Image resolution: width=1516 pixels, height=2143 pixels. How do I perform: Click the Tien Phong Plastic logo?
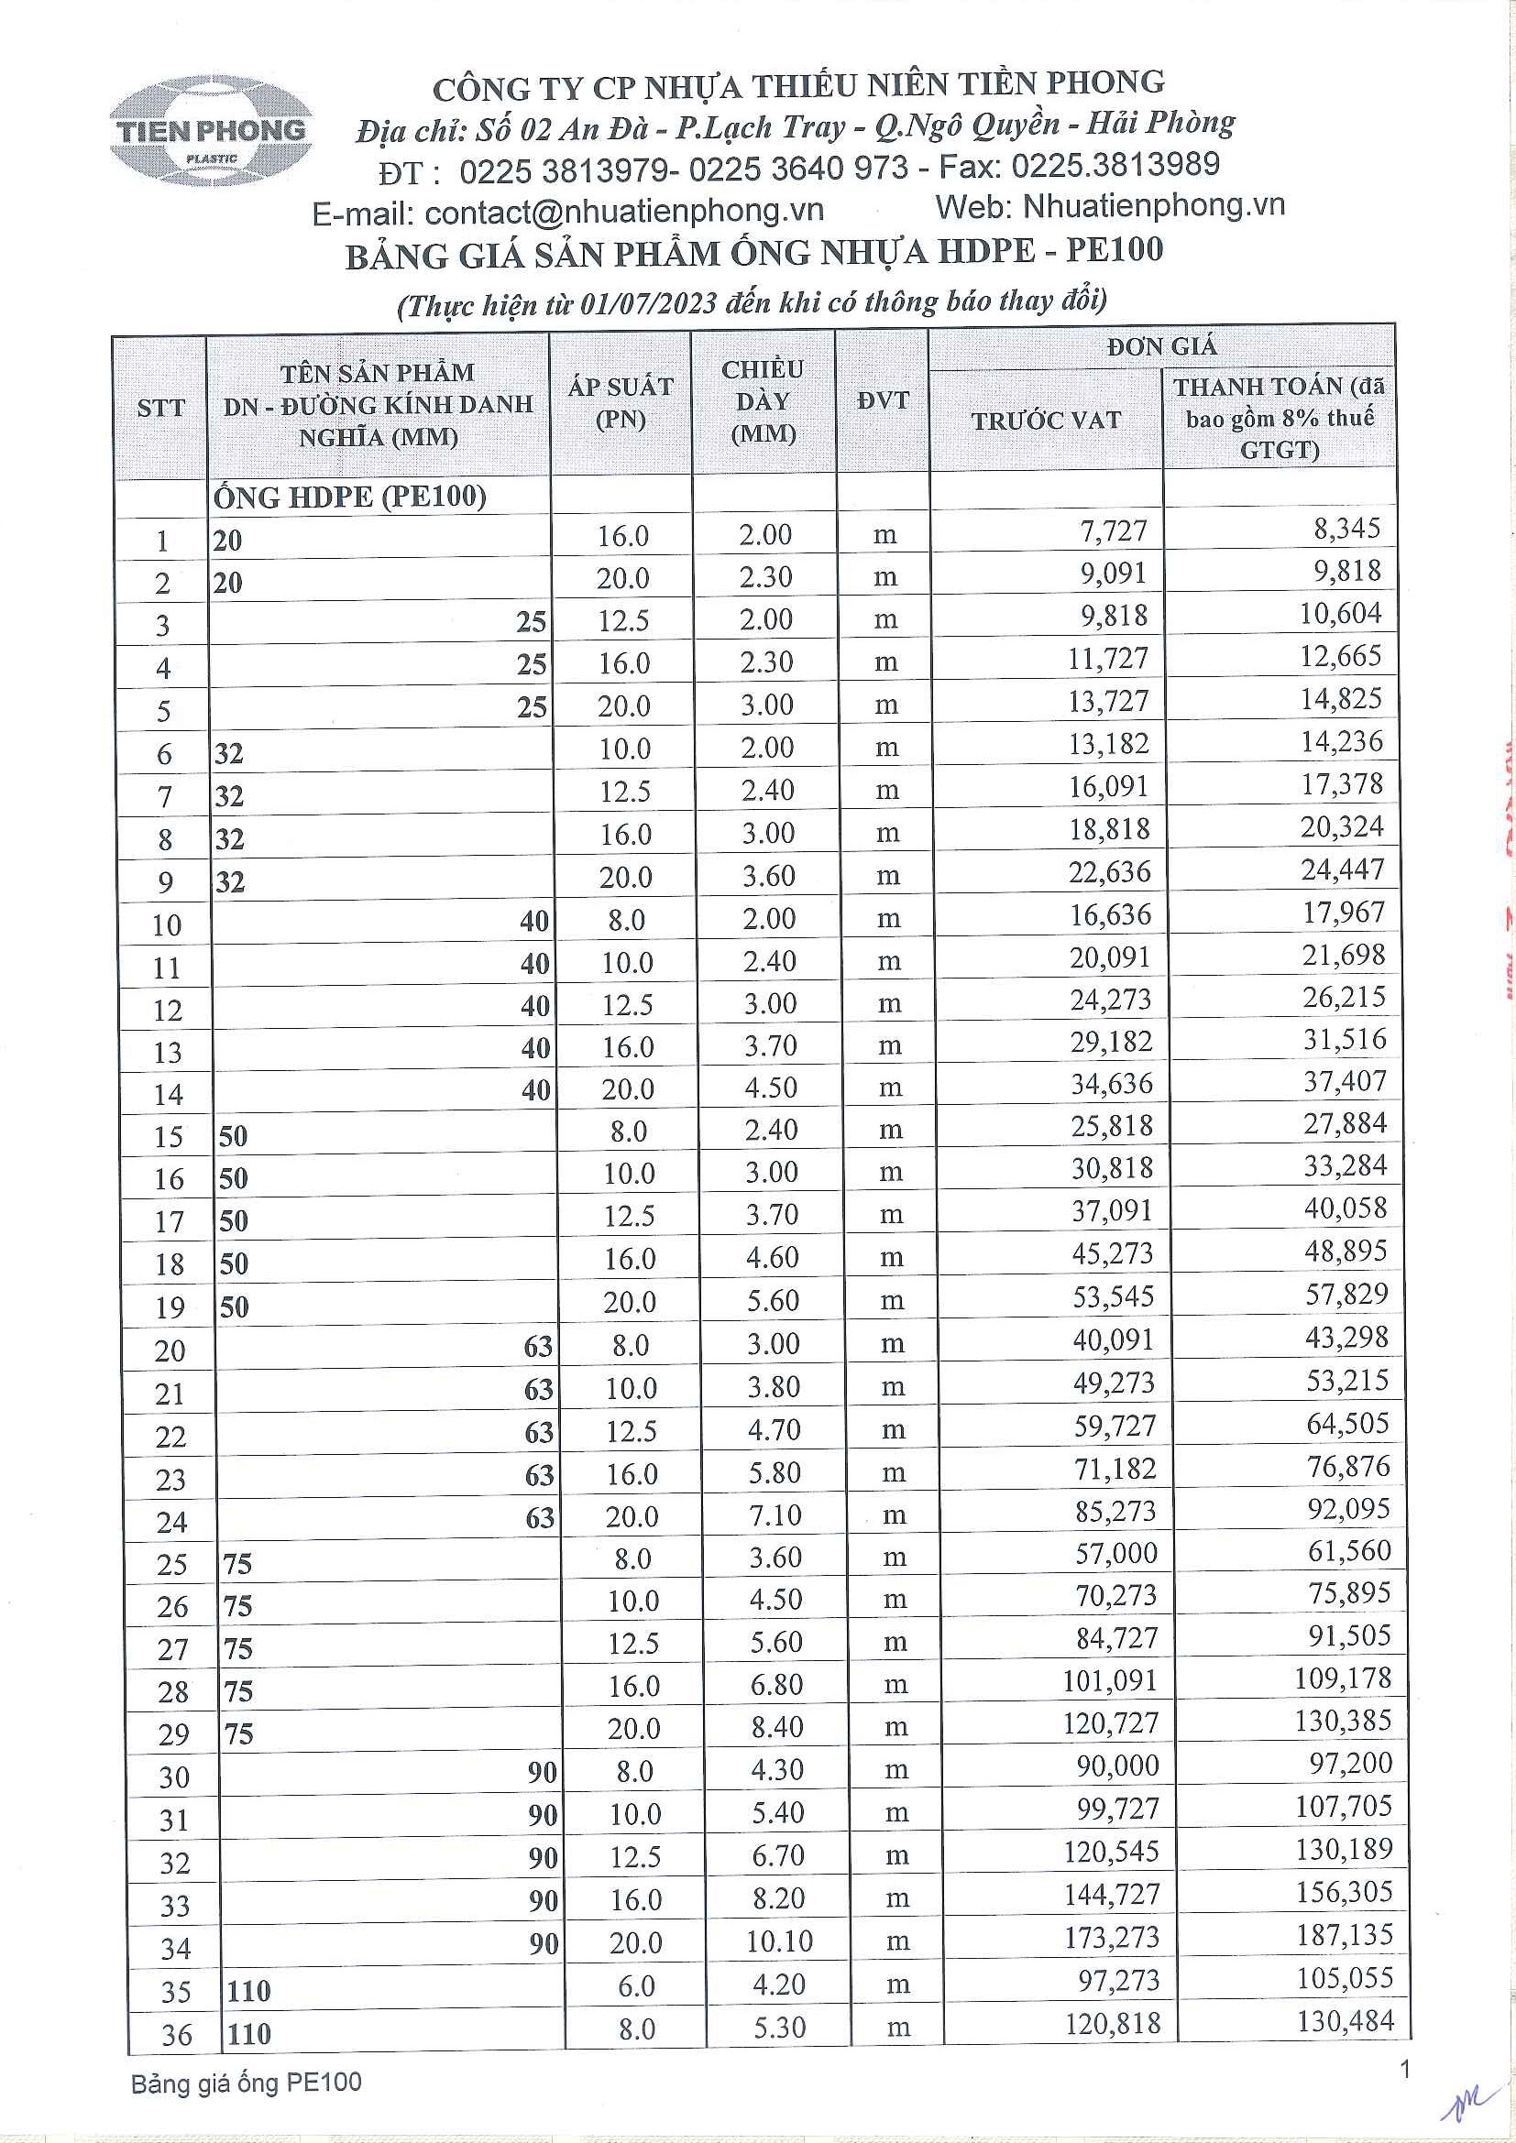[211, 132]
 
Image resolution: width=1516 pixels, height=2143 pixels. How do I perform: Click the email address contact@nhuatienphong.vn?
[623, 212]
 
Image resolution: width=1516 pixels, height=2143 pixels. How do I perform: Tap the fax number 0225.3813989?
[1115, 165]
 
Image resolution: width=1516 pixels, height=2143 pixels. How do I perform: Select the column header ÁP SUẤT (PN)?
[621, 402]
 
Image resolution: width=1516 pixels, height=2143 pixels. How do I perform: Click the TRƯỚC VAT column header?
[1046, 421]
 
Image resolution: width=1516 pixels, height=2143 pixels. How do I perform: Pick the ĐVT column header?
[882, 401]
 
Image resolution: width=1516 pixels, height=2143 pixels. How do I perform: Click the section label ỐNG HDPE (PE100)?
[350, 497]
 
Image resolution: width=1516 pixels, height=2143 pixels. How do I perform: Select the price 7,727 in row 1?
[1114, 531]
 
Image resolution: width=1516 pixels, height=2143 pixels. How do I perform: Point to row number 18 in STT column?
[169, 1264]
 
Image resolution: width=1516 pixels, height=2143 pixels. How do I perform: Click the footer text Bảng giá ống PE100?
[246, 2083]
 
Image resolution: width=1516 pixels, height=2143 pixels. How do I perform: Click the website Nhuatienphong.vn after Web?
[1154, 205]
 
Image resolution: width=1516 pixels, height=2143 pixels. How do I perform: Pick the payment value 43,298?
[1347, 1338]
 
